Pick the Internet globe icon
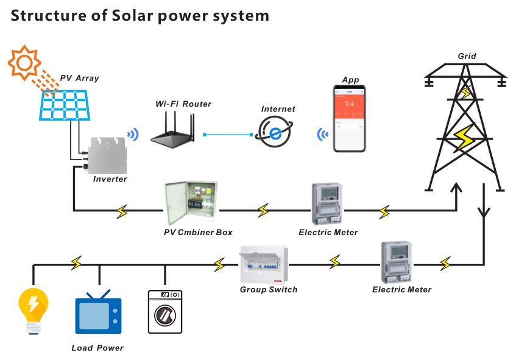click(x=275, y=133)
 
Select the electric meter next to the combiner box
click(x=328, y=203)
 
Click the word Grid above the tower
click(x=467, y=56)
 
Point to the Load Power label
click(x=97, y=348)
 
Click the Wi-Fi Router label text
click(x=183, y=104)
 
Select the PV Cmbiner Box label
click(x=198, y=232)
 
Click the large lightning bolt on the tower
click(x=465, y=139)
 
